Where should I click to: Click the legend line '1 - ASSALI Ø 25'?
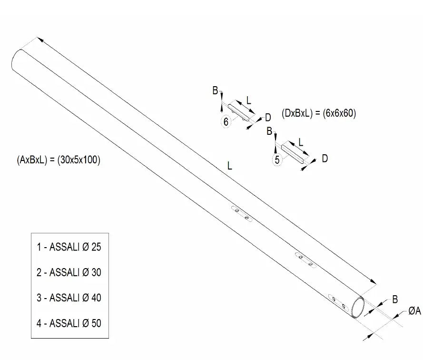coord(69,247)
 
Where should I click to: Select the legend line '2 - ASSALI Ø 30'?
coord(69,272)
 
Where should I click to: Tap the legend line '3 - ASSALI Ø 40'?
coord(69,298)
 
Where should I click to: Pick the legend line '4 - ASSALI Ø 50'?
coord(69,323)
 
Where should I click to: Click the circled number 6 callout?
coord(226,122)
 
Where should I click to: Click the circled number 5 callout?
coord(277,160)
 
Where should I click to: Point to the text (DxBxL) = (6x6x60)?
coord(319,113)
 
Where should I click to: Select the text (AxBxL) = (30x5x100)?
coord(58,160)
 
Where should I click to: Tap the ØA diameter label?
coord(414,311)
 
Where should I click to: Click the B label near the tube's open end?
coord(395,299)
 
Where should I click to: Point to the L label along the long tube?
coord(229,166)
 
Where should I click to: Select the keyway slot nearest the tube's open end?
coord(338,302)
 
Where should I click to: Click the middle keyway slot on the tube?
coord(305,260)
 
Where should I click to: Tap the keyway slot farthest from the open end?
coord(242,214)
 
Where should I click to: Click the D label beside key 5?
coord(325,159)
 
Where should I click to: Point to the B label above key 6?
coord(215,90)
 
